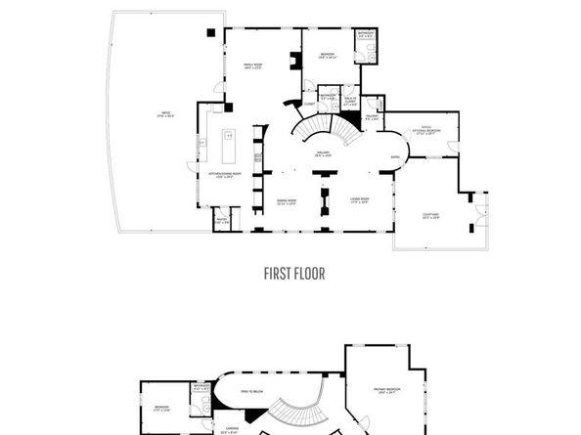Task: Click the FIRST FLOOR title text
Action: (294, 274)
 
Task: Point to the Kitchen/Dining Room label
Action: (225, 175)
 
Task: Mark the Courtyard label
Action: (430, 217)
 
